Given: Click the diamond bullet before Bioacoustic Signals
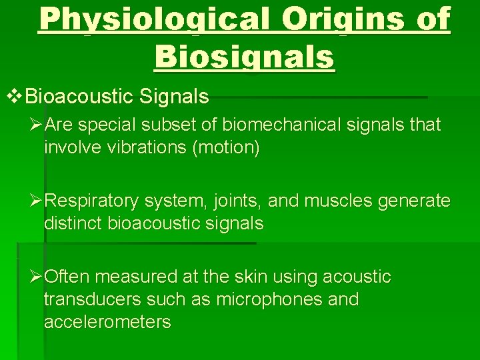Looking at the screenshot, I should coord(14,97).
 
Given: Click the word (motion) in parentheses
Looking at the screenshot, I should coord(225,147).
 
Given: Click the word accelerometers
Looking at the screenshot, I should coord(107,322).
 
